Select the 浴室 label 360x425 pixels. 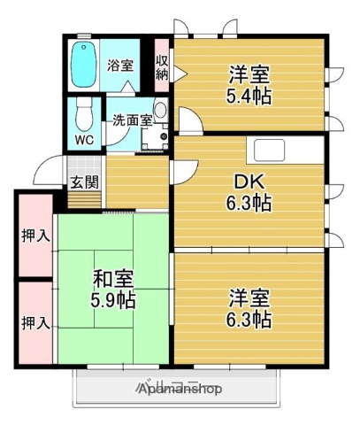click(x=120, y=65)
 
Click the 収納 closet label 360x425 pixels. click(x=162, y=66)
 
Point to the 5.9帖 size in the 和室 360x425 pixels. click(x=114, y=301)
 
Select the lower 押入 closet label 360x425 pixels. click(x=34, y=322)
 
